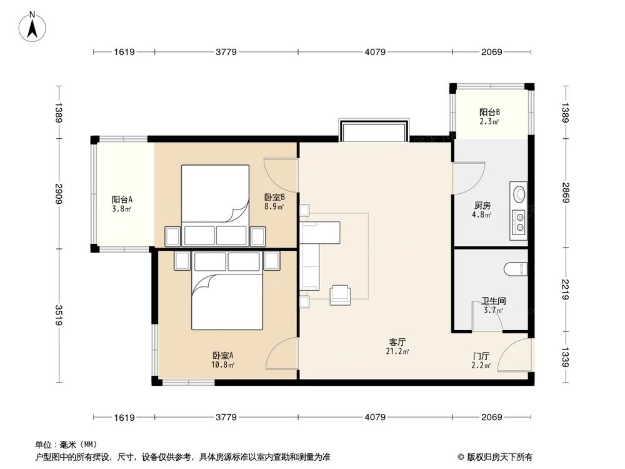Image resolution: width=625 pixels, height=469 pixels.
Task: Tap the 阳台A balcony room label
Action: (121, 204)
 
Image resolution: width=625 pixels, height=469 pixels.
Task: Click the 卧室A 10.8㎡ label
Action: (222, 360)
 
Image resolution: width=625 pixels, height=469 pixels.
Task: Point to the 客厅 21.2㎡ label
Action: (398, 346)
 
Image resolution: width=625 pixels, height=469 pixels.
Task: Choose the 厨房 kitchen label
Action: (482, 209)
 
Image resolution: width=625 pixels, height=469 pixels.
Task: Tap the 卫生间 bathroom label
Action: (493, 305)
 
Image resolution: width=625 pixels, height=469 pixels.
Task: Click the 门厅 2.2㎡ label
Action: (481, 361)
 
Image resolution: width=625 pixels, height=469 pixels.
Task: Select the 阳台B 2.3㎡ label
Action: (489, 117)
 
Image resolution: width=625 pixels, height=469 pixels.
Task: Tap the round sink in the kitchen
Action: (518, 193)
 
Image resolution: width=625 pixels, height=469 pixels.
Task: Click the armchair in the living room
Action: (340, 294)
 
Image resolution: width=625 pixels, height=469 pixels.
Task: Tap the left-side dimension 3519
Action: (59, 315)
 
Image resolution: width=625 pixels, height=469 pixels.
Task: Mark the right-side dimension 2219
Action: (565, 290)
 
